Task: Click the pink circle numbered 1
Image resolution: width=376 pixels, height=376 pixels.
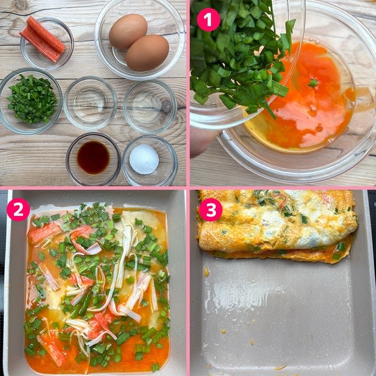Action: (x=208, y=20)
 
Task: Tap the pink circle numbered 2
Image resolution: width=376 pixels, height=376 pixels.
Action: (x=18, y=209)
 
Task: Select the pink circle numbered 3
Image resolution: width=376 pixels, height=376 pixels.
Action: (x=211, y=209)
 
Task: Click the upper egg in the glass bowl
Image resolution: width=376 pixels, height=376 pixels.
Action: (x=128, y=31)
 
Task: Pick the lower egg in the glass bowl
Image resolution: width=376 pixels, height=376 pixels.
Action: (x=147, y=53)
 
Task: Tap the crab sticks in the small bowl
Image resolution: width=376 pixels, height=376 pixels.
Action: (x=42, y=39)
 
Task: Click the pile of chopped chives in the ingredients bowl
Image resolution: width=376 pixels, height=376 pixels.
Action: (x=32, y=99)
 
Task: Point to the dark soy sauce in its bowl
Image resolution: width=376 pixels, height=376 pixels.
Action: (x=93, y=157)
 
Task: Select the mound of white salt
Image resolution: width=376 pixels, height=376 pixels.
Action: (x=144, y=159)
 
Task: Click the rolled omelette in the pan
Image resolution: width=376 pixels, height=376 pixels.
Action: (x=277, y=226)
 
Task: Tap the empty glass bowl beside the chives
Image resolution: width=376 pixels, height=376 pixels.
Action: (x=90, y=103)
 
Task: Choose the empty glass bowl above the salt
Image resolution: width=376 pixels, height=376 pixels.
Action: (x=150, y=106)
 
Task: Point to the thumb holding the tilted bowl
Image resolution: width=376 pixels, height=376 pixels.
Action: (x=204, y=141)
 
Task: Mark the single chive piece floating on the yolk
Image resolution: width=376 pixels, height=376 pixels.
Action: (x=313, y=83)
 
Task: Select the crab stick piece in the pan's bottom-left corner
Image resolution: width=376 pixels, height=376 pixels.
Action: (x=52, y=347)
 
